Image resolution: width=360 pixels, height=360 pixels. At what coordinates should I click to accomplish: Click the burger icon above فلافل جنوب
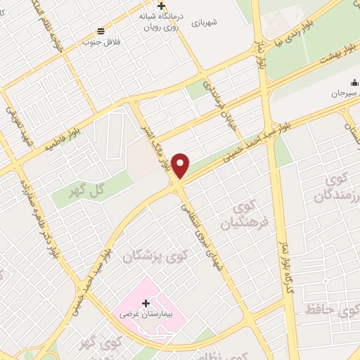101,30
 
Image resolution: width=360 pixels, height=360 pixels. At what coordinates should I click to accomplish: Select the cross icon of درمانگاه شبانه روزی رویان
162,6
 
